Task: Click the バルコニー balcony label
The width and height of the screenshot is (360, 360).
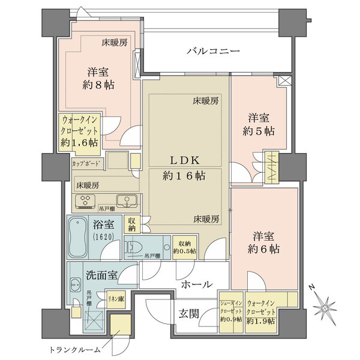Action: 212,52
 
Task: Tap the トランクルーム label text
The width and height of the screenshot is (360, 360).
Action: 71,349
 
